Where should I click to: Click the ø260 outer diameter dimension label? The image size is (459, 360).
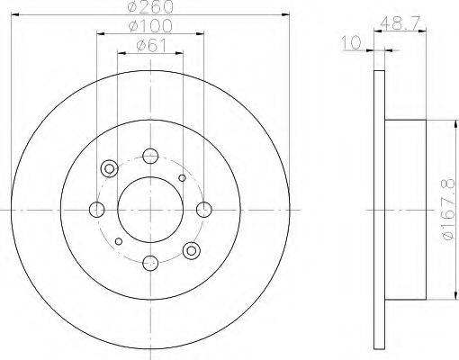(x=150, y=6)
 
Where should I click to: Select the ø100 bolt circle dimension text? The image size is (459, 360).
(x=150, y=25)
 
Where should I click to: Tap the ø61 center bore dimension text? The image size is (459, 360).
(x=150, y=46)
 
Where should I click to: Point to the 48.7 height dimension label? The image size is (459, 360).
(x=400, y=22)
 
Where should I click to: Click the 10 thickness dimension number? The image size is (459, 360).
(x=351, y=43)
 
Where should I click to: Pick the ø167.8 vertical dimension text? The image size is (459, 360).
(x=448, y=210)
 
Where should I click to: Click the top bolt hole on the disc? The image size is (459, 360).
(x=150, y=156)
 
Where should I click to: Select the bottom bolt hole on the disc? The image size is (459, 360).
(x=150, y=263)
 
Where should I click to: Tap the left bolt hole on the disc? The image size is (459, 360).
(x=97, y=210)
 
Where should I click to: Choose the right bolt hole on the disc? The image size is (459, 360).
(x=204, y=210)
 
